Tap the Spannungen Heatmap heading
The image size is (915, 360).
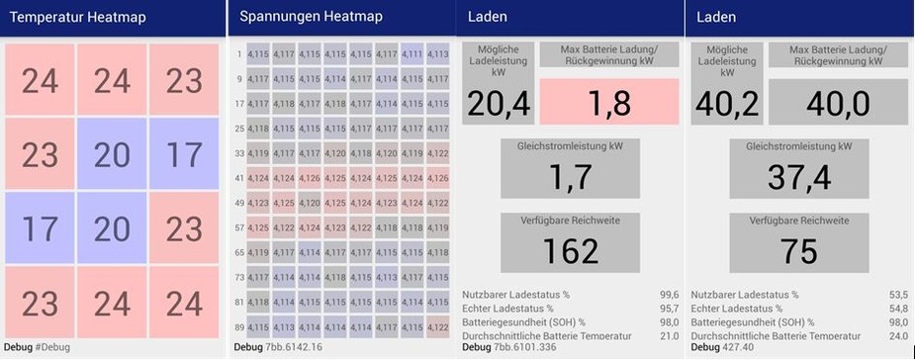(x=311, y=17)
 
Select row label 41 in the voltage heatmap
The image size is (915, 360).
(x=239, y=178)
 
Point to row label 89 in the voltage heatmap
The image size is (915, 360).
(x=239, y=326)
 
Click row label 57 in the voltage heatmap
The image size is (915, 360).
(x=239, y=227)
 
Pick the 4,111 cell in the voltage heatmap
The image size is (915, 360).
(x=412, y=54)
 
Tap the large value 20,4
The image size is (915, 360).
(x=499, y=103)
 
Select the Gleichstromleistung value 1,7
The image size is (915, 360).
(x=569, y=177)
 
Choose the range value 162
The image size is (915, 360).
(x=571, y=251)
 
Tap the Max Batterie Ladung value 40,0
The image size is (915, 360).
(x=838, y=103)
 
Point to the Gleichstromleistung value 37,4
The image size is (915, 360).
(x=798, y=177)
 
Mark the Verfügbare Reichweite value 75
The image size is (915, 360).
(x=798, y=251)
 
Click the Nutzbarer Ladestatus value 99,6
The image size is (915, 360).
(x=668, y=295)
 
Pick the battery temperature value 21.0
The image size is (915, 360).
(x=668, y=336)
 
